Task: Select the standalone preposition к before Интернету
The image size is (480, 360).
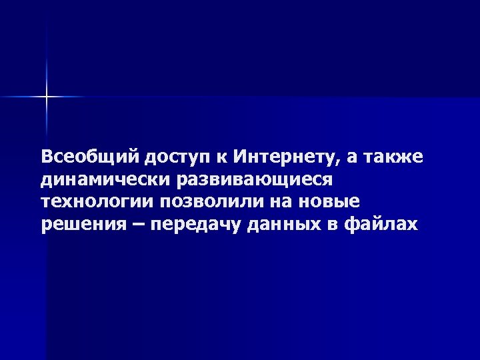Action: coord(220,157)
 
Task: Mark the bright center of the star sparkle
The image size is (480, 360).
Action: coord(47,97)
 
